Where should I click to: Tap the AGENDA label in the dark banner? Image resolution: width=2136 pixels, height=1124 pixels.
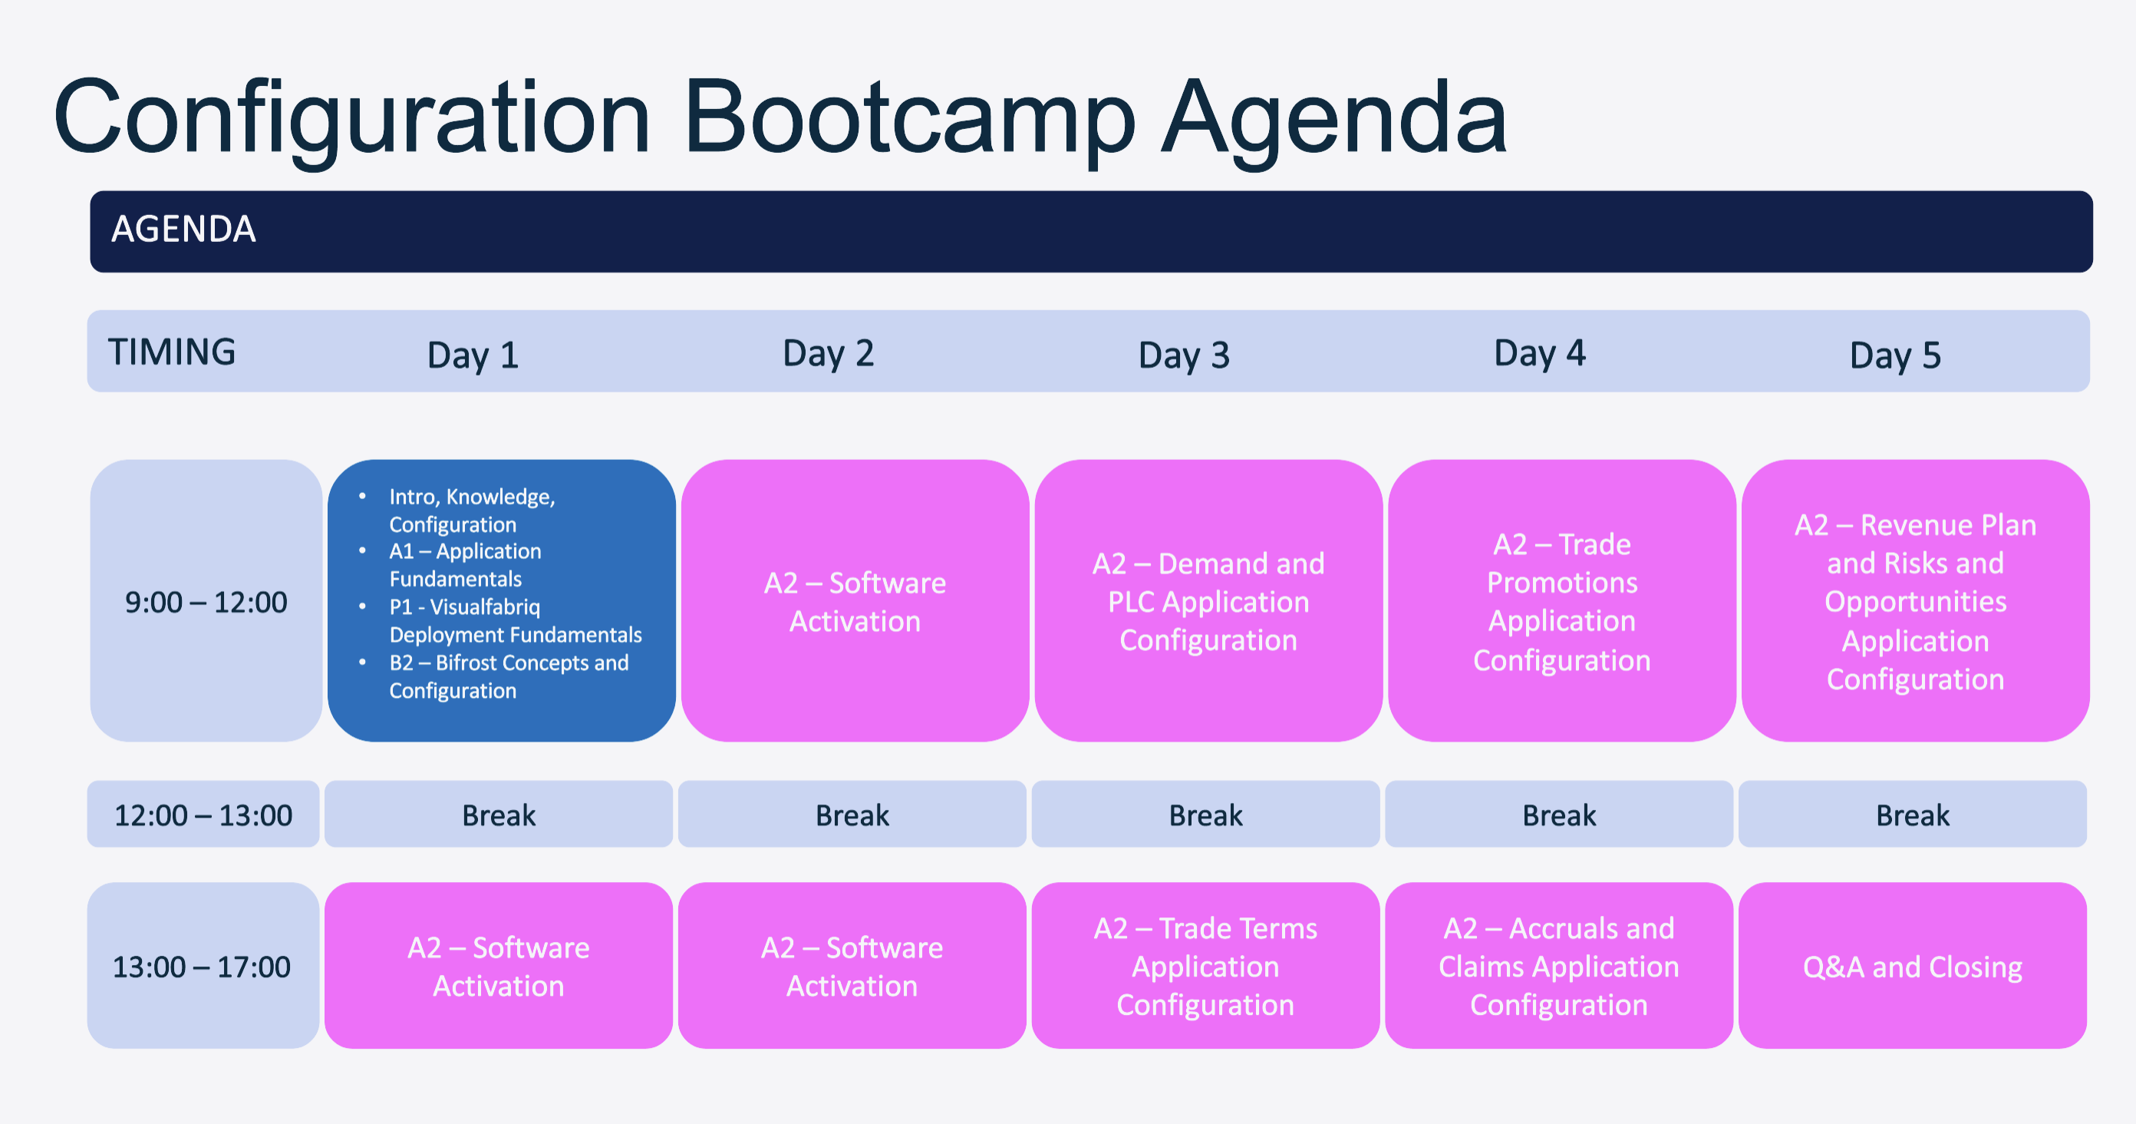(x=183, y=229)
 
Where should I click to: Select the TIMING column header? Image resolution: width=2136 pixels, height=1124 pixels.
(x=172, y=352)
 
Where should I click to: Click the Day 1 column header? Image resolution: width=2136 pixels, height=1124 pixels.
(x=473, y=355)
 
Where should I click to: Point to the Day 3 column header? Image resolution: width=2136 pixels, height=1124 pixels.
(x=1184, y=355)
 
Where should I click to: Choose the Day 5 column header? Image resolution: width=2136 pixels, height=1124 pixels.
(x=1896, y=355)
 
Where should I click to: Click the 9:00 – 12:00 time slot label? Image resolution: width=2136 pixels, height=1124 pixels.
(x=206, y=601)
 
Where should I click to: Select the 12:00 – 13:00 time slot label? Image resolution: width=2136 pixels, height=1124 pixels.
(x=203, y=815)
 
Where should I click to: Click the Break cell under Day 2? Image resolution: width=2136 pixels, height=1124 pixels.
(x=852, y=815)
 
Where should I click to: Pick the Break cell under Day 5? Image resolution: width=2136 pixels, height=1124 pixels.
(x=1913, y=815)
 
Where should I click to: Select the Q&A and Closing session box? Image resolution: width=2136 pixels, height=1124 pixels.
(x=1913, y=966)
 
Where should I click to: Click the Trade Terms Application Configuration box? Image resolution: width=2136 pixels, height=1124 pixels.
(x=1205, y=966)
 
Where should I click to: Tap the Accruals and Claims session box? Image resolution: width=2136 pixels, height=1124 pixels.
(x=1559, y=966)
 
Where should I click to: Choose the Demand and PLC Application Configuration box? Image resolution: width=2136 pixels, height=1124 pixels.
(x=1209, y=601)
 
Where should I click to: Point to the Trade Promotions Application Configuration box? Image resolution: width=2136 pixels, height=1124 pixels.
(x=1562, y=601)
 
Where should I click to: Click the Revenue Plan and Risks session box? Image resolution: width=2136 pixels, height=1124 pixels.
(x=1916, y=601)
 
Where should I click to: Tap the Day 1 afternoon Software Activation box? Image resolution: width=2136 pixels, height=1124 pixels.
(x=499, y=966)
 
